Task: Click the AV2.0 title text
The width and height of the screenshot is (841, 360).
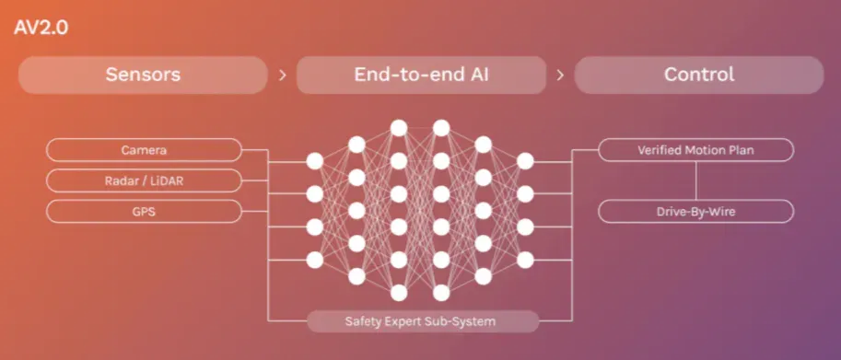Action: [x=41, y=28]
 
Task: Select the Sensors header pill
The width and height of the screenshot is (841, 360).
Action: [x=143, y=75]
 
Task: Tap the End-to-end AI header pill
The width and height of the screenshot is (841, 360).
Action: [x=421, y=75]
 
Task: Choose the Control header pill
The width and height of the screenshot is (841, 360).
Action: [x=699, y=75]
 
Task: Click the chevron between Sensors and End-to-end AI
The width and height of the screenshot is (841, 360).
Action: [x=283, y=75]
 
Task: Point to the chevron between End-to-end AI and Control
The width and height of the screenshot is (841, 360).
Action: [x=560, y=75]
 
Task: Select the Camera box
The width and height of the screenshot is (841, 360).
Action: [x=144, y=150]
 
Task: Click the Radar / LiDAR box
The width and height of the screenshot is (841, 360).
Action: [x=144, y=181]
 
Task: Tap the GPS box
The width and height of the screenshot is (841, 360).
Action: [x=144, y=212]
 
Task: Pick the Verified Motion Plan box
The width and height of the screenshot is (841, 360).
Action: [x=695, y=150]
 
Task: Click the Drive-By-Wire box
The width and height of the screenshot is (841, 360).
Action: [x=695, y=212]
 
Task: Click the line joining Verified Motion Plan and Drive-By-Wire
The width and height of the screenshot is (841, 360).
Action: [x=696, y=180]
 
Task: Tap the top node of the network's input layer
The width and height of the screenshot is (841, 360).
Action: [x=315, y=161]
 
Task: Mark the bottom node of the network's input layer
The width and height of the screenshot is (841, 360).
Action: [x=315, y=260]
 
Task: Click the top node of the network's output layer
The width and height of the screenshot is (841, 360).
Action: [x=526, y=161]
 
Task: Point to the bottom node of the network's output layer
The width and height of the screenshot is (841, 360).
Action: [x=526, y=260]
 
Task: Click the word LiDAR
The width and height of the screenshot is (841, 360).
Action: [x=166, y=181]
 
